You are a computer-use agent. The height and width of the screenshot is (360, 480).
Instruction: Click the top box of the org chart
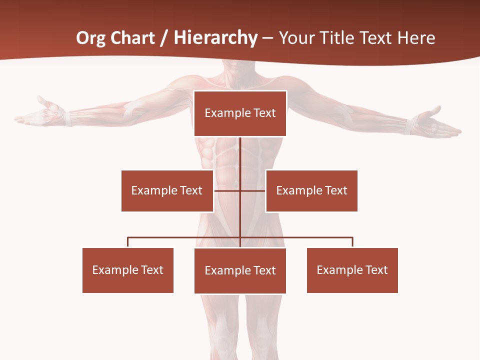coord(240,113)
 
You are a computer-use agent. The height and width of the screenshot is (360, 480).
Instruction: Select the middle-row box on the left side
coord(167,190)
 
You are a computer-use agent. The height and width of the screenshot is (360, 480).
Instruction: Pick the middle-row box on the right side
coord(311,190)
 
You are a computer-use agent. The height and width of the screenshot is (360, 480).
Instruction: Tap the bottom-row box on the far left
coord(128,270)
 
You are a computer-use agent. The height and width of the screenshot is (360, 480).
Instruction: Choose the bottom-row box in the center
coord(240,270)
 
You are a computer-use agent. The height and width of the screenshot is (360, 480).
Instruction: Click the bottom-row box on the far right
coord(352,270)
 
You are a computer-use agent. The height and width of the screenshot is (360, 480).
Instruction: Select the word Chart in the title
coord(131,38)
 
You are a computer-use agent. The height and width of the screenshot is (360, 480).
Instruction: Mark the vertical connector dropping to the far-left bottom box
coord(128,242)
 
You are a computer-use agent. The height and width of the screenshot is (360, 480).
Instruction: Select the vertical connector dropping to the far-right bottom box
coord(352,242)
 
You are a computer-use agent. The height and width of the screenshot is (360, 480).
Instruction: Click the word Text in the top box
coord(264,113)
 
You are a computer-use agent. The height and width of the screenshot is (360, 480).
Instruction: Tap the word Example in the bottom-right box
coord(338,270)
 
